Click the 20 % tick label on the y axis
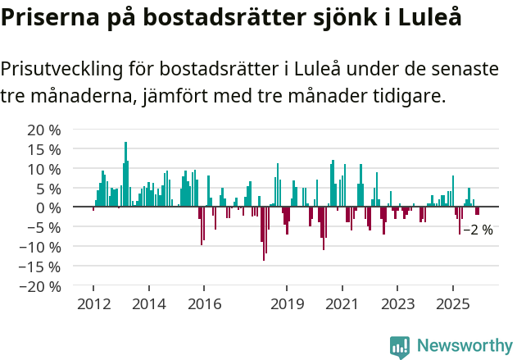point(45,130)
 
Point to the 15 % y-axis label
point(45,149)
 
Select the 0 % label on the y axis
point(49,207)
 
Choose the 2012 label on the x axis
point(93,304)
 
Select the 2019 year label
point(287,304)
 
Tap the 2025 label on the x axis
point(453,304)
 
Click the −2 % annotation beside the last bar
point(478,230)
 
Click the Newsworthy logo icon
point(400,346)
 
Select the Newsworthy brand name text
point(464,346)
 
